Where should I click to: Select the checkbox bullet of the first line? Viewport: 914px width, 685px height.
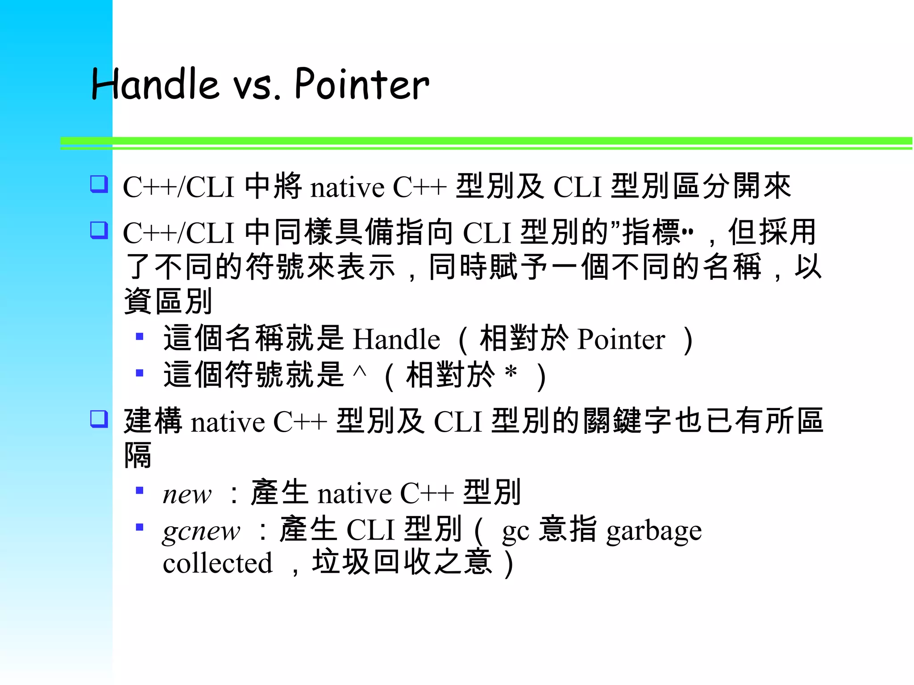pos(99,184)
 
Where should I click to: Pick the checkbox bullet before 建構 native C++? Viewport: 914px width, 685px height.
pos(99,419)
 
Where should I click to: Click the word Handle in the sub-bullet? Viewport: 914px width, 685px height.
pos(396,339)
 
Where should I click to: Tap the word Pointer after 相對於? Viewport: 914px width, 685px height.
pos(621,339)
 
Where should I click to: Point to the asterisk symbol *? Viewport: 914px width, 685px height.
pos(511,372)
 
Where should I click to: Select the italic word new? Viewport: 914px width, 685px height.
pos(187,495)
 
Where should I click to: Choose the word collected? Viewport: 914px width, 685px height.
pos(217,563)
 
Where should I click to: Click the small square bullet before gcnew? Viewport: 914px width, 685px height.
pos(140,527)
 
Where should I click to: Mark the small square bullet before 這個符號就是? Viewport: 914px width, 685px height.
pos(140,372)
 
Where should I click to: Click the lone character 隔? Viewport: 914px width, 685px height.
pos(138,455)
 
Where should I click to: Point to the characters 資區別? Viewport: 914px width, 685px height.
pos(168,301)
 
